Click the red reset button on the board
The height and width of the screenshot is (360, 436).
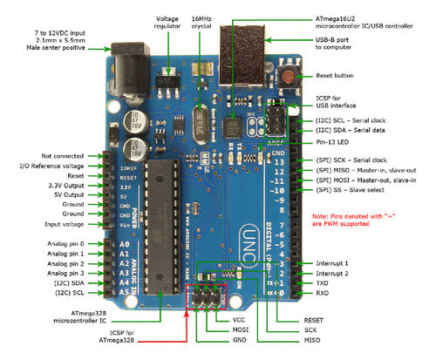[x=287, y=76]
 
